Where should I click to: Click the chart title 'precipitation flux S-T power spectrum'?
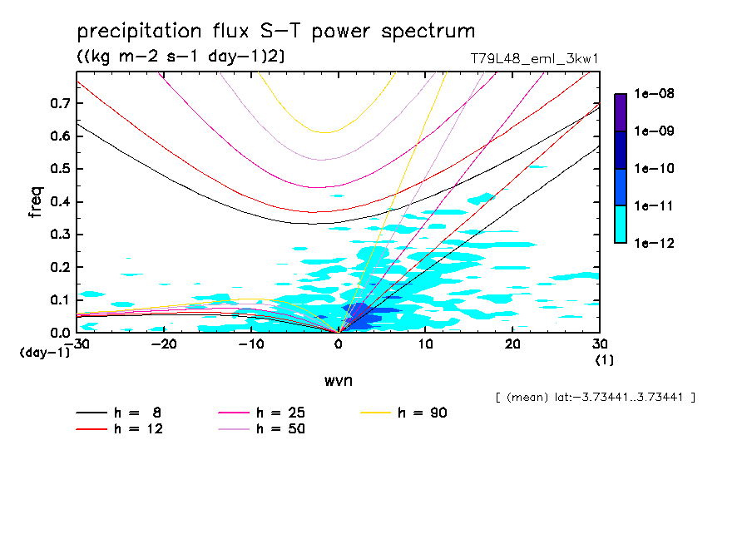[275, 32]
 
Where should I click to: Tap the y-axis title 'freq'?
[36, 202]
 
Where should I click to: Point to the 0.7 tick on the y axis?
[59, 103]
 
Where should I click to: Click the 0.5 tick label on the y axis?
[59, 169]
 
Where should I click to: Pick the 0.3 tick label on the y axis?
[59, 235]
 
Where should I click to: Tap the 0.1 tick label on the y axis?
[59, 300]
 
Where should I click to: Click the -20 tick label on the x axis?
[164, 344]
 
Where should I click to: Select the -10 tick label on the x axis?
[251, 344]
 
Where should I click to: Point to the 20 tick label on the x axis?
[512, 344]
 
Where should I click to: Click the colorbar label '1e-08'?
[656, 94]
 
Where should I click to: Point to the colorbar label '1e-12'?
[656, 243]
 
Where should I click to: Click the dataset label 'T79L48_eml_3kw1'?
[534, 58]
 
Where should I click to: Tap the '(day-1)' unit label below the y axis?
[44, 353]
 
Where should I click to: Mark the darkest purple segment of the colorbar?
[620, 112]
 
